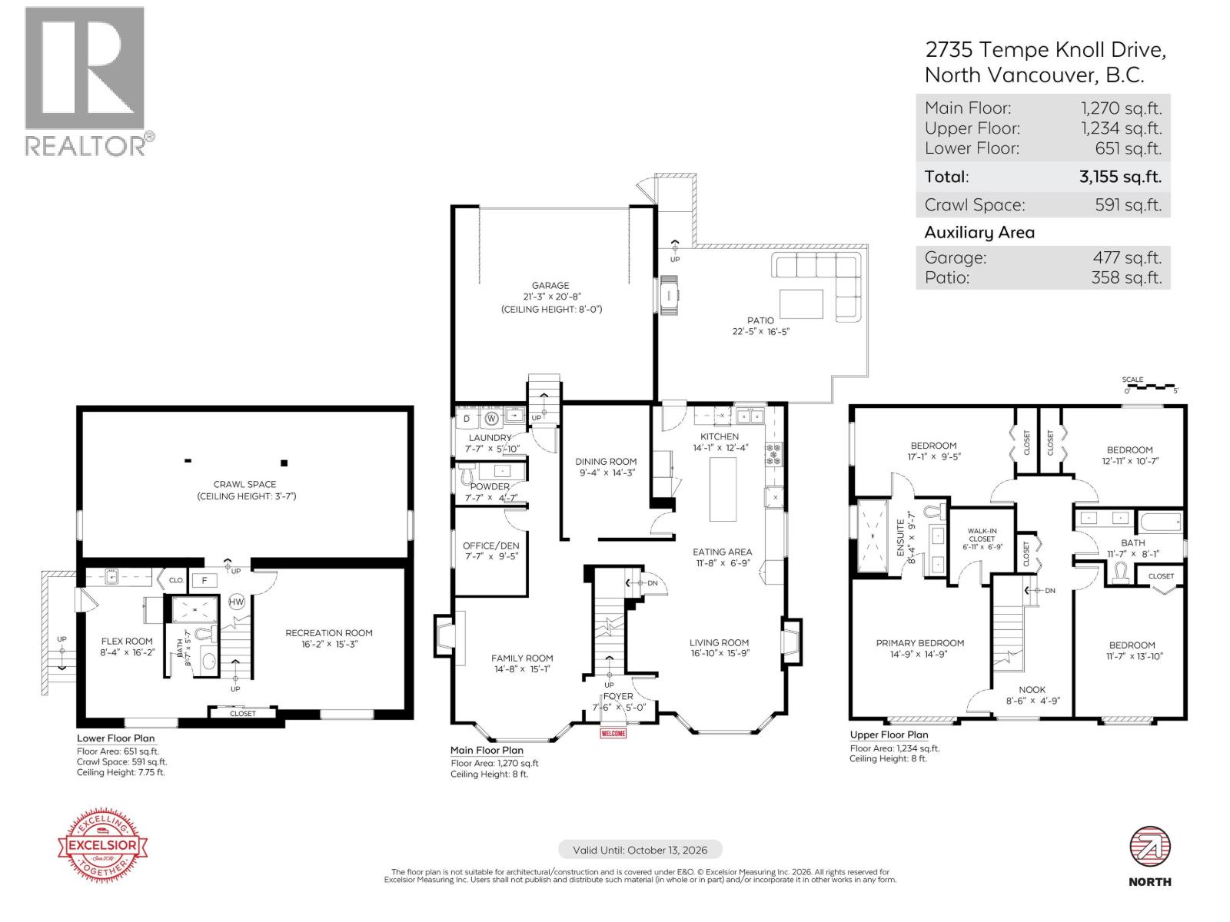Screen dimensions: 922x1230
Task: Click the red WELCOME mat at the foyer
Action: point(613,733)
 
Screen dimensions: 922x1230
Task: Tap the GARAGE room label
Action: point(550,285)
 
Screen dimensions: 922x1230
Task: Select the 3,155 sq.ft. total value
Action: point(1120,177)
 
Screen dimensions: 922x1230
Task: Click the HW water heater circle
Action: point(237,602)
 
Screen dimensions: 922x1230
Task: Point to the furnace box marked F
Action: point(204,581)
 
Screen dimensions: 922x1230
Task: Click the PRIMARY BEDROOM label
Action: point(919,643)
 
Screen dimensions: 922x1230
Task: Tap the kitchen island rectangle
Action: point(723,489)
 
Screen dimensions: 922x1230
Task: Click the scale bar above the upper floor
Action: point(1150,386)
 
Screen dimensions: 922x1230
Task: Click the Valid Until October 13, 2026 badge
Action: point(640,850)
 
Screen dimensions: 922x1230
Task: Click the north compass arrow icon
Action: point(1149,849)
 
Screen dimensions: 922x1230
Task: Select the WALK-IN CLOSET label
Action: point(982,535)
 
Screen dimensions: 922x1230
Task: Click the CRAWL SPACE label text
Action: point(245,484)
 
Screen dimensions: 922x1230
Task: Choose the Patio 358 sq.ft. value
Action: point(1126,277)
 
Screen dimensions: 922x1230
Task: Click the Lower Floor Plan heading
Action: point(115,738)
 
